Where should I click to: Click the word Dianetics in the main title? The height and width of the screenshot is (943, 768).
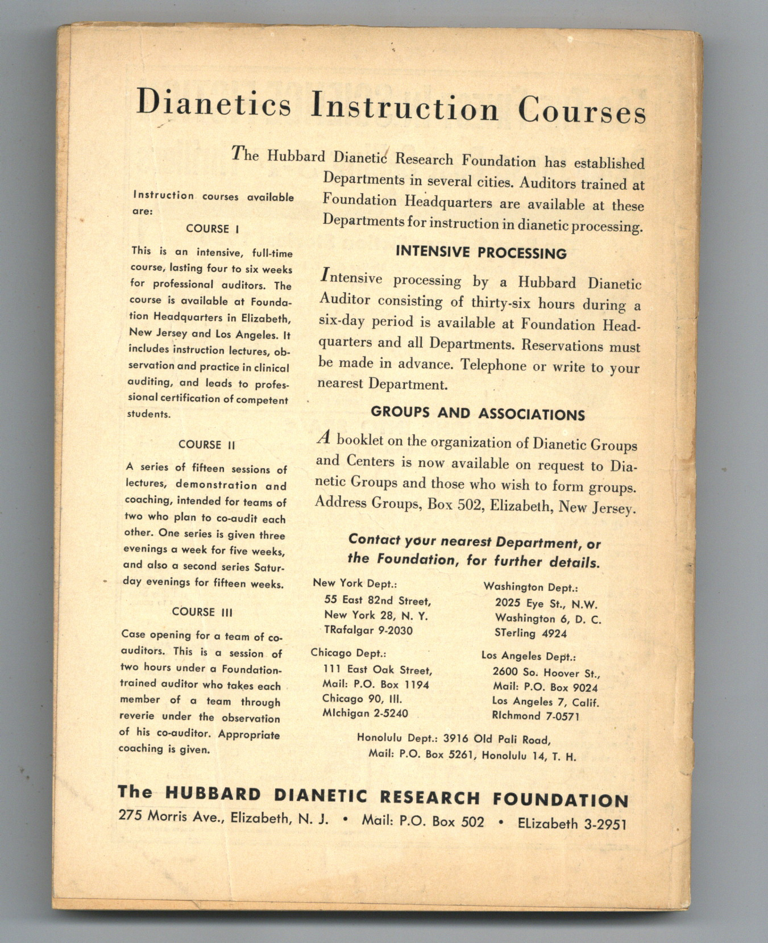click(x=214, y=103)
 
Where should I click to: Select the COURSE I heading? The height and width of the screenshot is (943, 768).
click(x=212, y=228)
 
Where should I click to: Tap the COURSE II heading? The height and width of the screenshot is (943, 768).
click(x=206, y=445)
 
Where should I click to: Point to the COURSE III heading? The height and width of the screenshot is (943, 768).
click(x=202, y=612)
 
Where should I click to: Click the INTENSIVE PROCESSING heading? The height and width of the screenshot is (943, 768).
click(x=481, y=253)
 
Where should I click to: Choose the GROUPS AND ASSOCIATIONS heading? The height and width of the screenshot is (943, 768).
click(x=478, y=413)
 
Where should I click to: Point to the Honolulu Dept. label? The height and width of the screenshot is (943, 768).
click(x=397, y=738)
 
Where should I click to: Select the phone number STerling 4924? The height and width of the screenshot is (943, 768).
click(x=530, y=633)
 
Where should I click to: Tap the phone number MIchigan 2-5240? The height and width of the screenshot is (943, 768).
click(x=365, y=713)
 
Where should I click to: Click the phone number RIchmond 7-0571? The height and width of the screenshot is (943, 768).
click(x=535, y=716)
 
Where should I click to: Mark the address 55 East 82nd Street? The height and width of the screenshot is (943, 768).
click(x=377, y=600)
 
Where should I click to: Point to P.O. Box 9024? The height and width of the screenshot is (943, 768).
click(x=561, y=687)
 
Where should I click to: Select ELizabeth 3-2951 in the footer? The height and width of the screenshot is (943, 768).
click(x=571, y=824)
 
